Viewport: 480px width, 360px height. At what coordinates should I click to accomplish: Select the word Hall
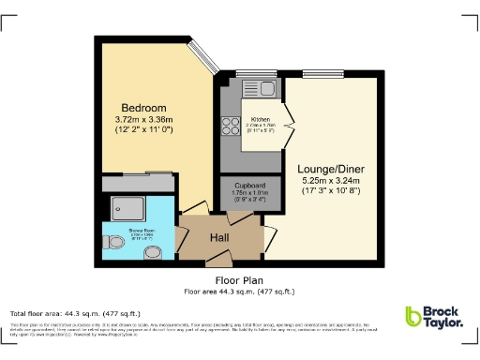click(219, 239)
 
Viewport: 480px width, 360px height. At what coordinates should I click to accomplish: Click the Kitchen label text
click(260, 118)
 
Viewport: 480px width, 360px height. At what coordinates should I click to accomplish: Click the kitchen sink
click(259, 90)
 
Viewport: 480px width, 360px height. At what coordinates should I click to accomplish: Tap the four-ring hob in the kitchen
click(230, 127)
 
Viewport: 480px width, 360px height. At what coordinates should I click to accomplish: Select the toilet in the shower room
click(114, 246)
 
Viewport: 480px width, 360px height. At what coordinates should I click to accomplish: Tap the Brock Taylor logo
click(433, 318)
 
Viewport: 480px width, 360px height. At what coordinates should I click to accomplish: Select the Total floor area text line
click(76, 313)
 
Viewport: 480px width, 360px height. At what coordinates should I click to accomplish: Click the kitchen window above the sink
click(253, 74)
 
